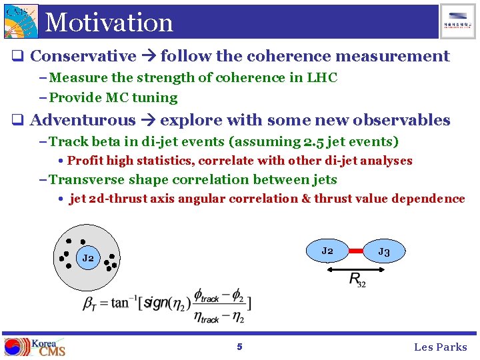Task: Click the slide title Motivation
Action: coord(109,22)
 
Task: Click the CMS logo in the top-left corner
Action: coord(21,21)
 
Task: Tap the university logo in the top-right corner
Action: coord(458,21)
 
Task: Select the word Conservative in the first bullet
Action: coord(83,57)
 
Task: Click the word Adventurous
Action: coord(83,121)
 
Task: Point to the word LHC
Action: coord(322,77)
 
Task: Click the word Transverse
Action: coord(87,179)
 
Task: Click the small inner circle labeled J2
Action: coord(88,257)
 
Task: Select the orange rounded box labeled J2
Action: coord(327,251)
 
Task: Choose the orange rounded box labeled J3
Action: coord(384,251)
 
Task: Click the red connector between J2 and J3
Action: coord(355,251)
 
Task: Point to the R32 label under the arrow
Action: coord(357,279)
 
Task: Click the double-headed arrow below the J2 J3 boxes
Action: coord(356,269)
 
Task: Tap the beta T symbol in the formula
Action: coord(88,303)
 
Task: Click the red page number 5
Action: coord(239,347)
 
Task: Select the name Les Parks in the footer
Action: coord(440,347)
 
